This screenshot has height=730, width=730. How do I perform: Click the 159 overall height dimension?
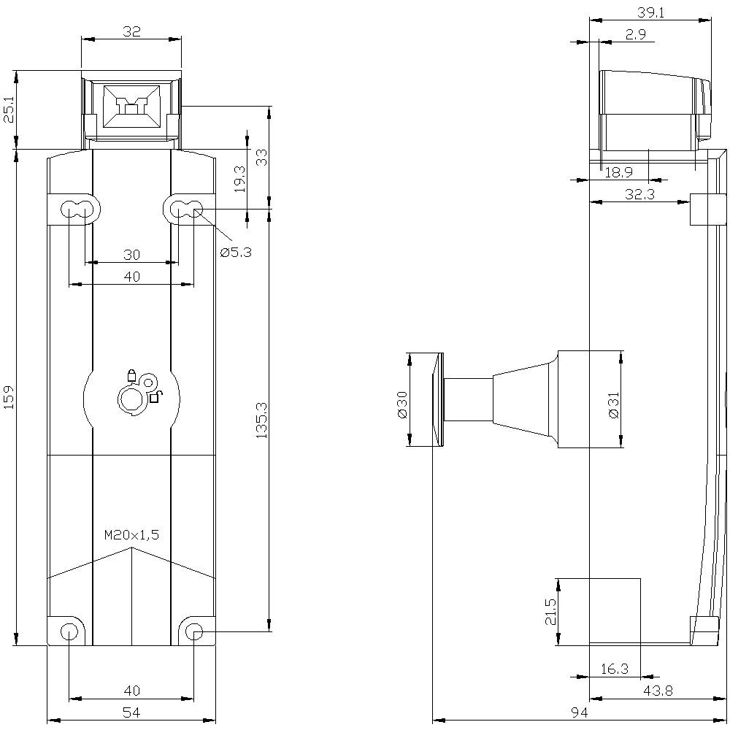pyautogui.click(x=9, y=398)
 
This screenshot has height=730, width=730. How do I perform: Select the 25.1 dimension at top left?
pyautogui.click(x=9, y=110)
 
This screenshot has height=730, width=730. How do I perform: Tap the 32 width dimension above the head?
pyautogui.click(x=131, y=31)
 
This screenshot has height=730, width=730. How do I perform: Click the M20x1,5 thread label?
pyautogui.click(x=131, y=535)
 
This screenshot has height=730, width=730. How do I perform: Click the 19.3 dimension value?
pyautogui.click(x=240, y=179)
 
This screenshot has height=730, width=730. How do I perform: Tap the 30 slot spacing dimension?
pyautogui.click(x=131, y=255)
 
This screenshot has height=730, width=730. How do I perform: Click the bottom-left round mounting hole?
pyautogui.click(x=69, y=631)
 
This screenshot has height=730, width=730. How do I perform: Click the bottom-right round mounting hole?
pyautogui.click(x=193, y=631)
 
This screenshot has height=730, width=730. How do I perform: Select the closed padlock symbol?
pyautogui.click(x=131, y=375)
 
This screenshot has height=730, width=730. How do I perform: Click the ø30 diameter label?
pyautogui.click(x=401, y=404)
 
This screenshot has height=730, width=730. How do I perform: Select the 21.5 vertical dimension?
pyautogui.click(x=550, y=612)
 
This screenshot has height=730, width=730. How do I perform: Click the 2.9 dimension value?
pyautogui.click(x=634, y=34)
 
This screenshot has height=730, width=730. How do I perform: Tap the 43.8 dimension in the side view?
pyautogui.click(x=658, y=691)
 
